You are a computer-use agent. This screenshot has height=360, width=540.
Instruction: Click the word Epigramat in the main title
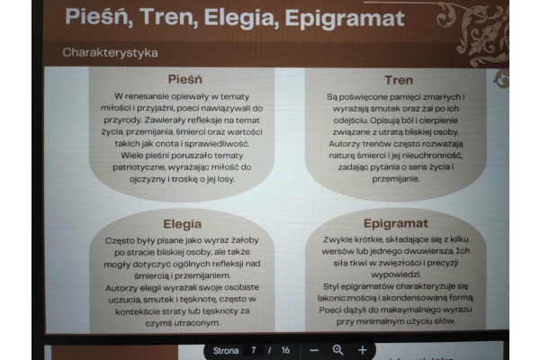click(345, 19)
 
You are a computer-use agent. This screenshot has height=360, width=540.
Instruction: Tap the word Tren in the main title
click(168, 17)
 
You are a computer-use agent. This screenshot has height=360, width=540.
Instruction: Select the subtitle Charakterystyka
click(110, 53)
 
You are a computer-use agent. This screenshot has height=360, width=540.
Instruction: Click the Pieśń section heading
click(184, 79)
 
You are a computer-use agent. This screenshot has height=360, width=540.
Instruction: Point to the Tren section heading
click(399, 80)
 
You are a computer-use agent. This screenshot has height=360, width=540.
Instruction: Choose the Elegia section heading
click(182, 224)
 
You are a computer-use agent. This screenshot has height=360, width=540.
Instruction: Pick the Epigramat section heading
click(396, 223)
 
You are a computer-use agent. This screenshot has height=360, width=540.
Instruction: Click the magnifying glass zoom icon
click(337, 350)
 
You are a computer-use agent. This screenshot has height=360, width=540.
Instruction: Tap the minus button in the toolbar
click(314, 350)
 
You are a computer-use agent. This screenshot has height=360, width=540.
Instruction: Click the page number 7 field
click(254, 350)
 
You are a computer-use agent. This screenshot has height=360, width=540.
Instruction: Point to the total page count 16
click(285, 350)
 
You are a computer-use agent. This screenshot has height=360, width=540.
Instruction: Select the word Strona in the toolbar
click(226, 351)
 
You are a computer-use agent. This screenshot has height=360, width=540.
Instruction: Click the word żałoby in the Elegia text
click(245, 240)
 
